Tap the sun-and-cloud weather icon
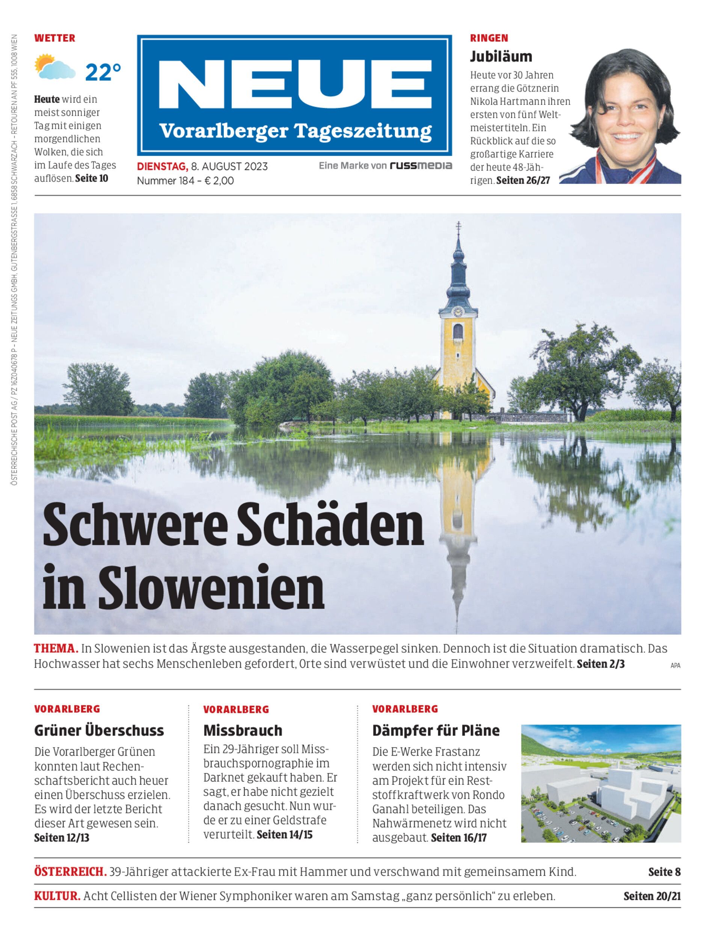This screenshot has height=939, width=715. [55, 67]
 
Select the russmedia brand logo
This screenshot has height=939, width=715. [421, 166]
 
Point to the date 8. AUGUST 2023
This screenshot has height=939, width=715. [229, 166]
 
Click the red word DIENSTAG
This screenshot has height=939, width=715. [162, 166]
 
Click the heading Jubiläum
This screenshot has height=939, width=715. [501, 56]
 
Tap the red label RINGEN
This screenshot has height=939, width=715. [489, 38]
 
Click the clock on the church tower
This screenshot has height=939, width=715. [458, 312]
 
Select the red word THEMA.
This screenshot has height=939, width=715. [56, 649]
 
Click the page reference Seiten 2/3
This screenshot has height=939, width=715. [600, 664]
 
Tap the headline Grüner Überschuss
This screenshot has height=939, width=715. [99, 731]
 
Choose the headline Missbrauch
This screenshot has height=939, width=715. [243, 731]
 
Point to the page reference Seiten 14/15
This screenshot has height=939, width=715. [284, 834]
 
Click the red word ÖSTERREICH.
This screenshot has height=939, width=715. [70, 871]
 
